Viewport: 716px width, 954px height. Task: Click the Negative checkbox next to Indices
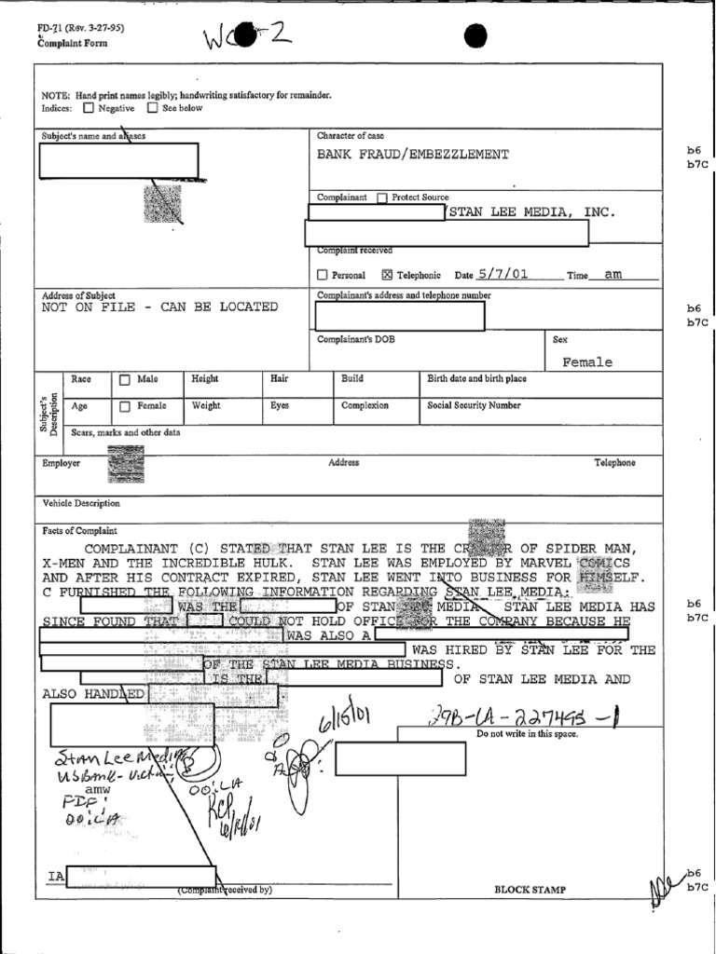[x=89, y=108]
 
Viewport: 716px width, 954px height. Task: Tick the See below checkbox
[x=152, y=108]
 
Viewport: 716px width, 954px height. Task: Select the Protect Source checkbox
[x=382, y=198]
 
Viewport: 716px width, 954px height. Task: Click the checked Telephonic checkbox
[x=387, y=276]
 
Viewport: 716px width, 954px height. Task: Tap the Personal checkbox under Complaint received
[x=323, y=276]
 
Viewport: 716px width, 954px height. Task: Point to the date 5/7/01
[x=503, y=274]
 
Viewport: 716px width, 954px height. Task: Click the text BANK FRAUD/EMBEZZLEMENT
[x=413, y=155]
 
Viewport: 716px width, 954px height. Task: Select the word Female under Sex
[x=587, y=362]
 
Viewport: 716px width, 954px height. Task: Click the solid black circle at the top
[x=475, y=36]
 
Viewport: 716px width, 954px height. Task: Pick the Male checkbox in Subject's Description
[x=125, y=380]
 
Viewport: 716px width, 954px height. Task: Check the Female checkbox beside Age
[x=125, y=406]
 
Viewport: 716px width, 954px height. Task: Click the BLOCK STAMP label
[x=530, y=890]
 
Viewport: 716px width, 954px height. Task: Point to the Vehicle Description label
[x=81, y=504]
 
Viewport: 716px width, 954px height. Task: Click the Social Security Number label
[x=474, y=406]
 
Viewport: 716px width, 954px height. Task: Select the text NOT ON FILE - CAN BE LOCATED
[x=159, y=307]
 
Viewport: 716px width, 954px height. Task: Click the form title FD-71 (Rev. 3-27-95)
[x=80, y=28]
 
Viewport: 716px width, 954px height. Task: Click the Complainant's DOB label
[x=355, y=340]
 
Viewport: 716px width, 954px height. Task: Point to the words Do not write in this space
[x=528, y=734]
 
